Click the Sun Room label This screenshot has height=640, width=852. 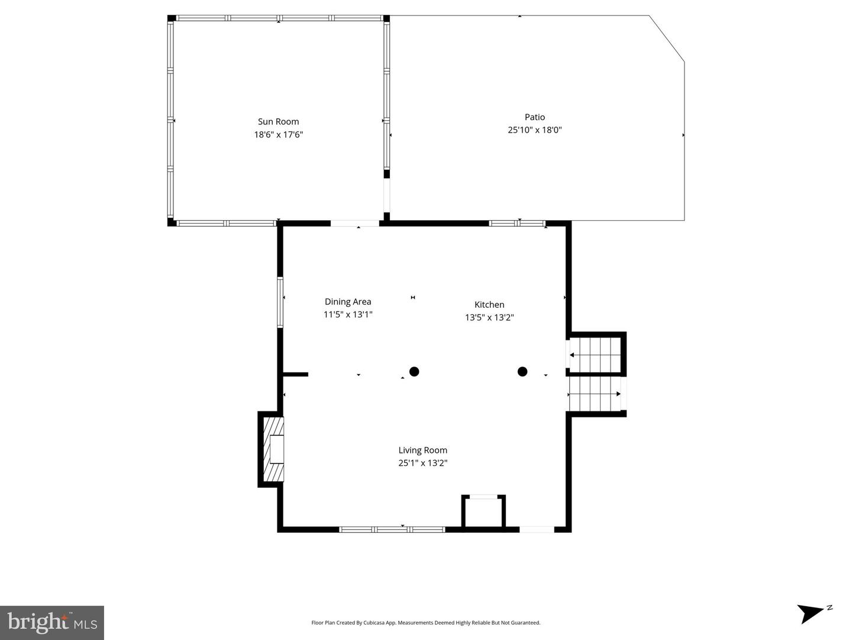click(x=278, y=122)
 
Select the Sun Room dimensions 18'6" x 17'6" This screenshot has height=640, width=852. click(x=278, y=135)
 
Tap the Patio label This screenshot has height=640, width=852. click(x=534, y=117)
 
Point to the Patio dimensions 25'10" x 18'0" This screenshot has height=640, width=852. click(x=534, y=130)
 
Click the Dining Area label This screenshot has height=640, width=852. click(x=348, y=302)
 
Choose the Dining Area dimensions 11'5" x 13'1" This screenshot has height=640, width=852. click(x=348, y=315)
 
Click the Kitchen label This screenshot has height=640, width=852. click(x=489, y=305)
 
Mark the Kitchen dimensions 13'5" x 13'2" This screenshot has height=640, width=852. click(x=489, y=318)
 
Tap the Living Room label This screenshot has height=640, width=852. click(x=422, y=451)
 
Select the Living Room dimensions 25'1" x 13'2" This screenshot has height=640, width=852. click(x=422, y=464)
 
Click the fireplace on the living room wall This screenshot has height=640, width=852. click(x=273, y=449)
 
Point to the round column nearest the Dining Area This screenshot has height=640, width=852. click(x=414, y=372)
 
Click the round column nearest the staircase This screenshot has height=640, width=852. click(x=522, y=372)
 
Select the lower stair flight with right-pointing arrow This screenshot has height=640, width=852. click(x=594, y=394)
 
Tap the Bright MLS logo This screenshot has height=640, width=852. click(x=52, y=623)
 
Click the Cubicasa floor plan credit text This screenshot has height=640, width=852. click(x=425, y=623)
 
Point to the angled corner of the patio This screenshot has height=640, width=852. click(x=667, y=38)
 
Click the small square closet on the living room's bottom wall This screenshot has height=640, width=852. click(x=483, y=512)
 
